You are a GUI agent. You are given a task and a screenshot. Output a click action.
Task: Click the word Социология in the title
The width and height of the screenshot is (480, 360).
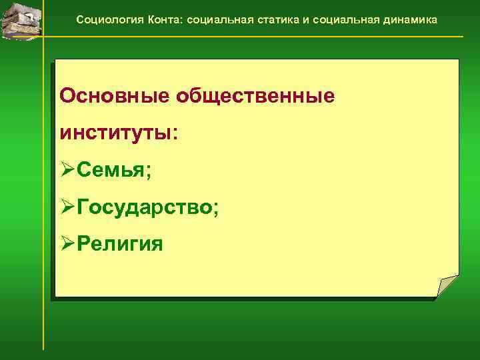(x=106, y=20)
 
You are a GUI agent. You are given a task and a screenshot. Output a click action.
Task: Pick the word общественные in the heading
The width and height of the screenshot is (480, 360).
(x=255, y=97)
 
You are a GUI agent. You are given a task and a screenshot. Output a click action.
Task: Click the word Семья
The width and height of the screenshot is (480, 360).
(x=111, y=171)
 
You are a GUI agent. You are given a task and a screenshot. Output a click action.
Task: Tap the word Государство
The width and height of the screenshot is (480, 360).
(x=144, y=207)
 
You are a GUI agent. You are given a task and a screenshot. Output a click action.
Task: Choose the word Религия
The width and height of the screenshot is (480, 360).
(x=120, y=243)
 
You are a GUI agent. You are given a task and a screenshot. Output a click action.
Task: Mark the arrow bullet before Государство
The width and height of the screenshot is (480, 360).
(x=67, y=207)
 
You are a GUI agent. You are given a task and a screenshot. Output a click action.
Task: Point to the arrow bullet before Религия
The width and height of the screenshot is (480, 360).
(x=67, y=243)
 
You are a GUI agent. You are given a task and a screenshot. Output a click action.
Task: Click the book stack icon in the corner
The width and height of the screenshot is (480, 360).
(x=19, y=19)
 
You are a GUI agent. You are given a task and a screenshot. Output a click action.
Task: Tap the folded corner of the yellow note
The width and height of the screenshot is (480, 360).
(x=447, y=286)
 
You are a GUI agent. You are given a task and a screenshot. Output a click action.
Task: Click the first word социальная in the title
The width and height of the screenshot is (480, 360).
(x=215, y=20)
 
